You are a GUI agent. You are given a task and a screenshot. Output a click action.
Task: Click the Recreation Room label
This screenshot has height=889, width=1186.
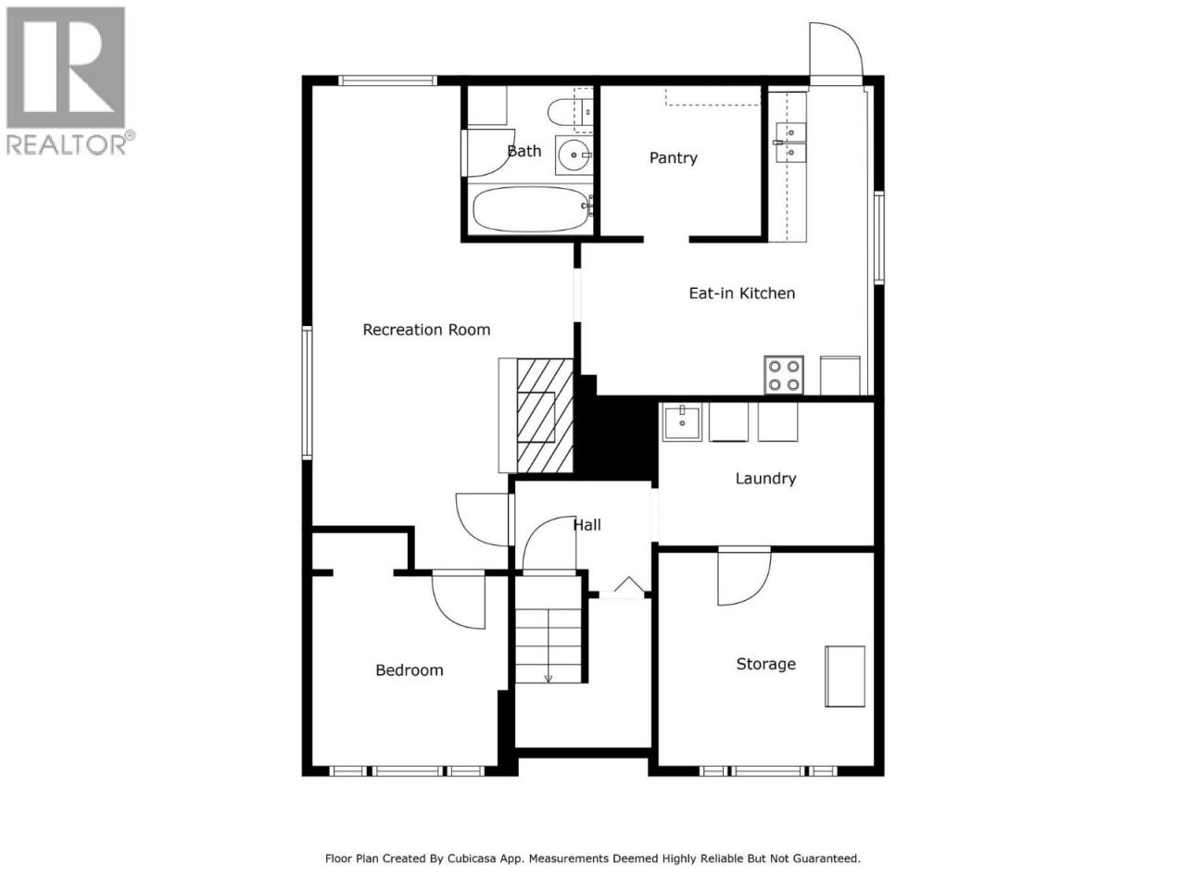(426, 330)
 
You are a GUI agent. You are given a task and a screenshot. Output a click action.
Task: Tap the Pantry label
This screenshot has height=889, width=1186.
(674, 157)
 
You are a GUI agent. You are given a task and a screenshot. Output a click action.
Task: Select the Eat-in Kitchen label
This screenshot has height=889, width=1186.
(742, 294)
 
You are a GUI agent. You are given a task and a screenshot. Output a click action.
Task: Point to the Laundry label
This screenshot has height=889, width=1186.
(765, 478)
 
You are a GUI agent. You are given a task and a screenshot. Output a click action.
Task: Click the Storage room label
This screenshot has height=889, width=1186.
(765, 663)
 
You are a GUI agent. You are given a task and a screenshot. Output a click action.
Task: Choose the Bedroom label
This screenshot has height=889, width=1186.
(409, 670)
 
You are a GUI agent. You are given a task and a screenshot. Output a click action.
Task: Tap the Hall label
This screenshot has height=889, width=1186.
(587, 525)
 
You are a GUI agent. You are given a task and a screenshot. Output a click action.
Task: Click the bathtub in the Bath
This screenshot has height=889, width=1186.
(531, 209)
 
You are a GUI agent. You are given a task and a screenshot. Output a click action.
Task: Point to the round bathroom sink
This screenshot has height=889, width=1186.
(574, 156)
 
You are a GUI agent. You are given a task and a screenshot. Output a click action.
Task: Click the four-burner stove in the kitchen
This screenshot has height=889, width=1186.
(784, 375)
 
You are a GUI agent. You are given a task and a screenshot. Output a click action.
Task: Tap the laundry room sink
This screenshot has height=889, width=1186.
(682, 421)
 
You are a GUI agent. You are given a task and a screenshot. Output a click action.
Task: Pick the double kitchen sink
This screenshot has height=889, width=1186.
(790, 142)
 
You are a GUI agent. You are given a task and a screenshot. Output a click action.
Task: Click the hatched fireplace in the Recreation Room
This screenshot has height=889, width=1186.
(545, 415)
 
